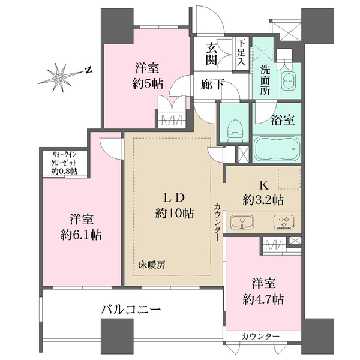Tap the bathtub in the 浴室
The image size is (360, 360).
277,149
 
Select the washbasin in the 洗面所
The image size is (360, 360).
289,80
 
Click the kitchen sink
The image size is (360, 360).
242,222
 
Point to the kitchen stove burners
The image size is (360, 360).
284,222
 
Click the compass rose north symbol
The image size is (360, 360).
88,70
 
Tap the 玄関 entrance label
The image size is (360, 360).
211,55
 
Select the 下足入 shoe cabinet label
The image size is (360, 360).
241,53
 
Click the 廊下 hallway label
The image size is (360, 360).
212,84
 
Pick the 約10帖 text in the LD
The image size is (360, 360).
175,214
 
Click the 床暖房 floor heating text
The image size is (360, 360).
152,265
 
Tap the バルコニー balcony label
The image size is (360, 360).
131,310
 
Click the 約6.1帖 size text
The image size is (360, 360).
81,235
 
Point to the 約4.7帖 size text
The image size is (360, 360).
263,299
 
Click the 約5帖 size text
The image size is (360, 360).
148,84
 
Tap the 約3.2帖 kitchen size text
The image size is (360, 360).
263,200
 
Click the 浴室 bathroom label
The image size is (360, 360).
283,119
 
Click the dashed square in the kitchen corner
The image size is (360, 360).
289,179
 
